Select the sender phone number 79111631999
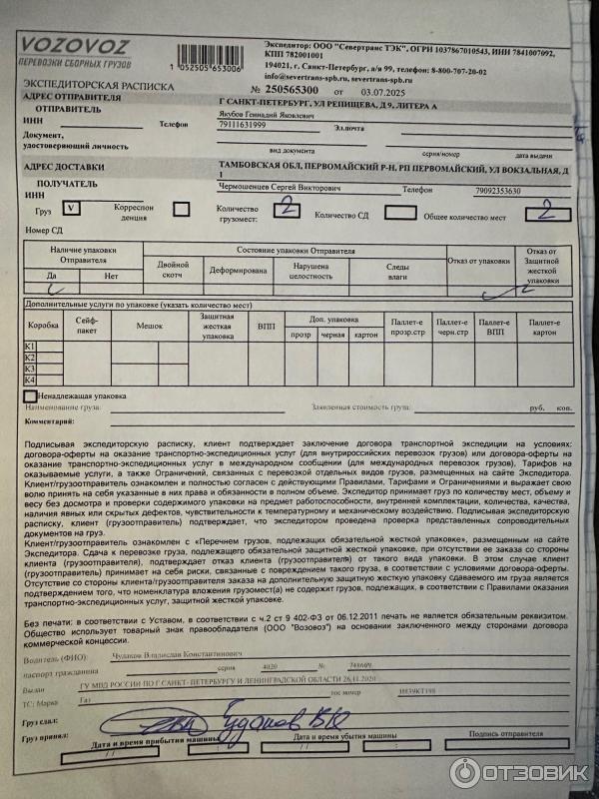(x=244, y=126)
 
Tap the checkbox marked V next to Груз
(x=73, y=208)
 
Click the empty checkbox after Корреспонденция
(x=182, y=209)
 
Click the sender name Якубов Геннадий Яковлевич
(x=266, y=115)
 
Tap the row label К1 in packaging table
(x=30, y=346)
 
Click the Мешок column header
(x=150, y=326)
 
